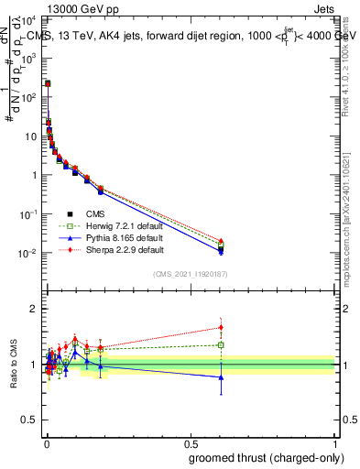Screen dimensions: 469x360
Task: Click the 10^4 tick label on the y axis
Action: [29, 18]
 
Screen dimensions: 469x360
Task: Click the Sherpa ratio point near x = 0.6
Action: [221, 327]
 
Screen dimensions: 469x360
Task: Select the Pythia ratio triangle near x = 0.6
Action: [221, 376]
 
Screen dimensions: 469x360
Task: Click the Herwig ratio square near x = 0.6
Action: [221, 345]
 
